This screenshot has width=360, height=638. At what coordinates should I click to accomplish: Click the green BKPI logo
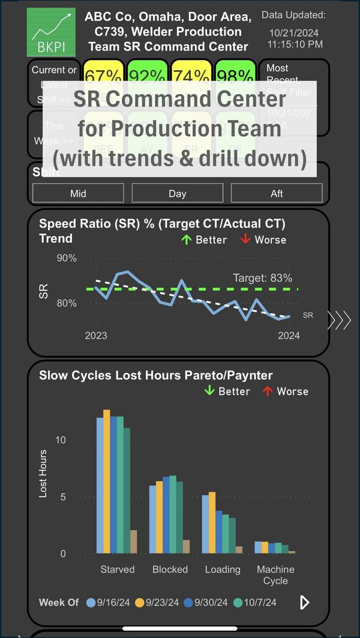click(51, 32)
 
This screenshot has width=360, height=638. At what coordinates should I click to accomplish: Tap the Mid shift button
click(78, 193)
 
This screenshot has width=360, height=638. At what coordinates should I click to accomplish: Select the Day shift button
click(178, 193)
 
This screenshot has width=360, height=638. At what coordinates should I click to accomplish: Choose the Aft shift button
click(277, 193)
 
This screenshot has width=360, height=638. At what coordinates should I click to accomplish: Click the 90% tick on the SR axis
click(66, 258)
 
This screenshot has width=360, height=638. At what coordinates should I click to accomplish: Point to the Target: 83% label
click(262, 278)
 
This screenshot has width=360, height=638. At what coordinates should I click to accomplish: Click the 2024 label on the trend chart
click(289, 336)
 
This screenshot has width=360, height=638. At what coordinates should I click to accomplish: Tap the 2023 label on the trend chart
click(96, 336)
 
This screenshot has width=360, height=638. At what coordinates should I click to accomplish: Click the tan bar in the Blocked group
click(186, 546)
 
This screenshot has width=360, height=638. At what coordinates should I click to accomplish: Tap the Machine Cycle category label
click(275, 574)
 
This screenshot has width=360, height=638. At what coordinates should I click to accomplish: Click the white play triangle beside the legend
click(305, 602)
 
